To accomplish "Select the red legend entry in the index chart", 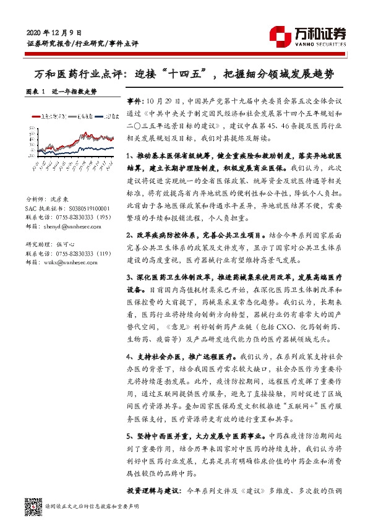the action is coord(50,116).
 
